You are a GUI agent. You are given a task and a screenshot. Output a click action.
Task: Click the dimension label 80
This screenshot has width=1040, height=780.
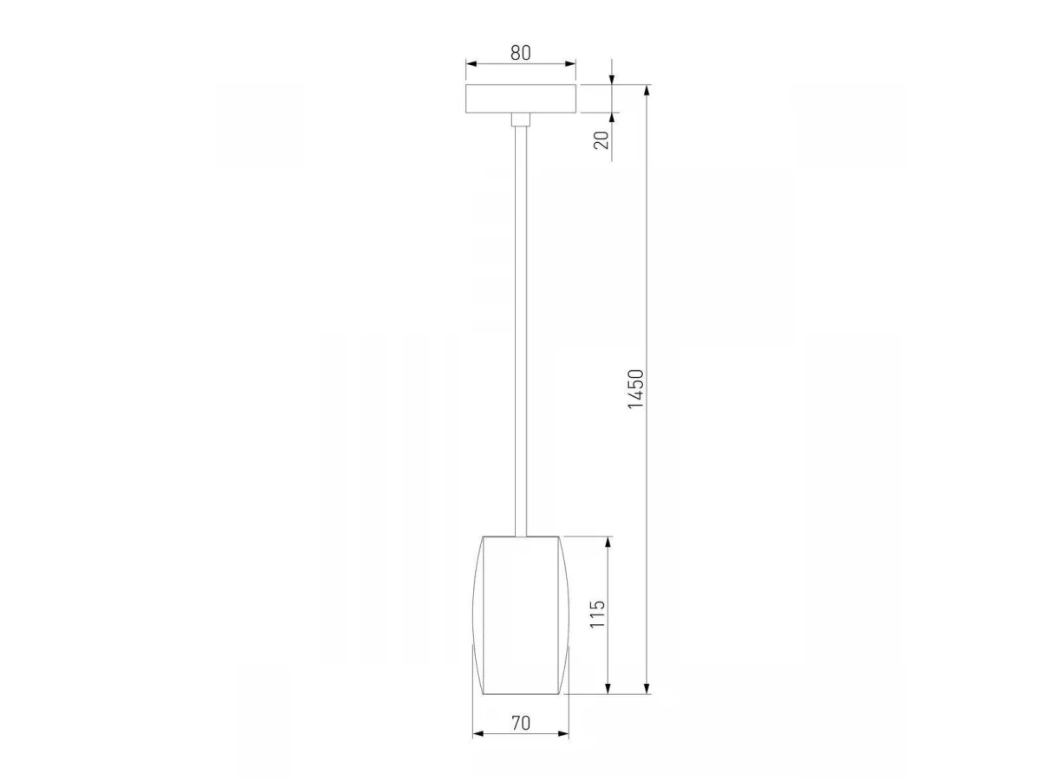[x=520, y=53]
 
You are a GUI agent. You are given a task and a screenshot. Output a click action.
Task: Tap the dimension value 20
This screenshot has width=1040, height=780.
[x=601, y=140]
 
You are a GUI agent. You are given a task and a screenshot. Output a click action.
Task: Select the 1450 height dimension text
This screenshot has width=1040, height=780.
[x=636, y=389]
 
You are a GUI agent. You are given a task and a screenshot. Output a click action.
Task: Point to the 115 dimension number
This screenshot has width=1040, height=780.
[x=597, y=614]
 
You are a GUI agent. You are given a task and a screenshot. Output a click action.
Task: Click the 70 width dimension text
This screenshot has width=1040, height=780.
[x=521, y=723]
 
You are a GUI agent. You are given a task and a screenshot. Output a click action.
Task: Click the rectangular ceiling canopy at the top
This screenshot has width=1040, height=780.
[x=521, y=99]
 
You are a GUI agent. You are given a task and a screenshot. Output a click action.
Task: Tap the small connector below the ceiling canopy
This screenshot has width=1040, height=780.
[x=521, y=120]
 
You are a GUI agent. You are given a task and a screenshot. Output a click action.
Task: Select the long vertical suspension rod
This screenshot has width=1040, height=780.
[x=521, y=331]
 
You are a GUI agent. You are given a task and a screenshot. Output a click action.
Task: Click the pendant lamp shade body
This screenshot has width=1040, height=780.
[x=521, y=615]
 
